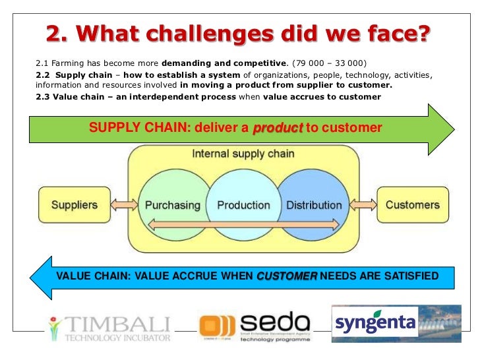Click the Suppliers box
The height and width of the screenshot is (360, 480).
(75, 205)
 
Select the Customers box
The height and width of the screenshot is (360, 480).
(412, 205)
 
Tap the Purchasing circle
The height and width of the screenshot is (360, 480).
(172, 205)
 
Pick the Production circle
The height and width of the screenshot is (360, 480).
(243, 205)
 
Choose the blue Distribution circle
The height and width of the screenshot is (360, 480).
(314, 205)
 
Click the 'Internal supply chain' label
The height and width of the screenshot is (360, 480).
(243, 154)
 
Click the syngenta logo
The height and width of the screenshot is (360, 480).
(375, 324)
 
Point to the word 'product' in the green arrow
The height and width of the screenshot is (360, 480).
(278, 128)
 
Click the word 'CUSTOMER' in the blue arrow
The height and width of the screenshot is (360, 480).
(286, 276)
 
